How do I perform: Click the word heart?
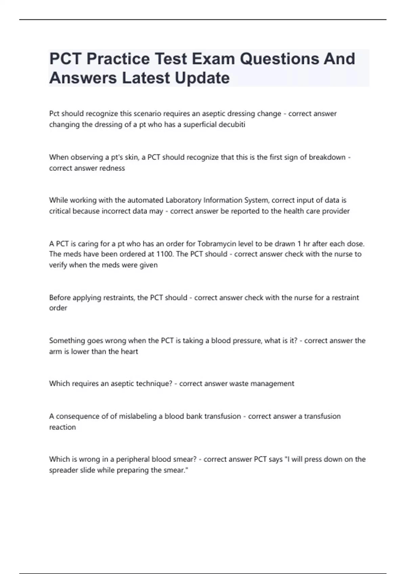pyautogui.click(x=130, y=351)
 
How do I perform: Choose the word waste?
pyautogui.click(x=236, y=384)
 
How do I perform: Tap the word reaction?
pyautogui.click(x=63, y=427)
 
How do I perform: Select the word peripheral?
pyautogui.click(x=133, y=460)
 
